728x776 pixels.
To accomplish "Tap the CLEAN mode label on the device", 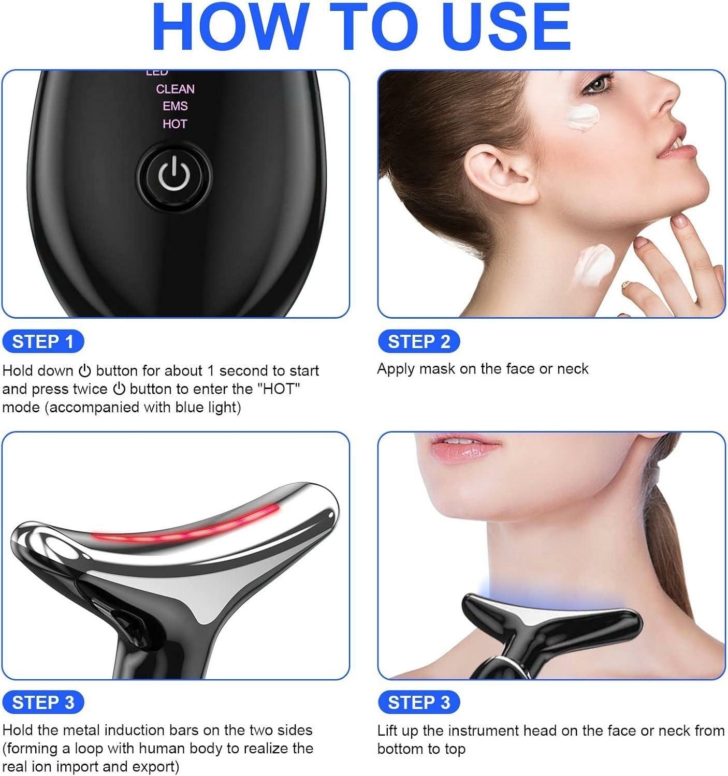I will point(175,89).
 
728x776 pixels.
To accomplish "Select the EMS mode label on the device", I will point(175,106).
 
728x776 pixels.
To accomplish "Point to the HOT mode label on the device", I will point(174,124).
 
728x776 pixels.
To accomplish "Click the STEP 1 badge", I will point(42,341).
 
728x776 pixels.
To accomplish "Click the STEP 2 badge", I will point(418,341).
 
